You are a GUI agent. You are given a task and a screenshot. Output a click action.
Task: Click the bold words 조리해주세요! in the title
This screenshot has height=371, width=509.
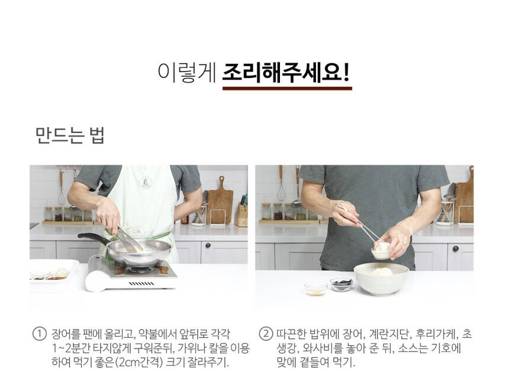point(286,73)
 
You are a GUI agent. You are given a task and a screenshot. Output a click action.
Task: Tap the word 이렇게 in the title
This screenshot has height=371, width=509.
point(187,73)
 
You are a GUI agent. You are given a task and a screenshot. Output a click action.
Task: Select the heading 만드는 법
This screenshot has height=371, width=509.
point(70,135)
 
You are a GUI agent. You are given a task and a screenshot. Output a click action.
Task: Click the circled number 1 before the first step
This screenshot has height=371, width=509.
point(39,334)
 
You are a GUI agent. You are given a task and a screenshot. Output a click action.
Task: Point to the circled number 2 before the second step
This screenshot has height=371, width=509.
point(266,334)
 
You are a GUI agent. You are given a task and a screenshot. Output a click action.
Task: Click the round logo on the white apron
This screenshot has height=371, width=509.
point(145,182)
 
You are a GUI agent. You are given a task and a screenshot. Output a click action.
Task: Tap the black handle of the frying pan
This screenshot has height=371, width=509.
point(93,239)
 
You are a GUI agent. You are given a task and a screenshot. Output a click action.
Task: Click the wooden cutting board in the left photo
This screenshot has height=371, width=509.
point(220,201)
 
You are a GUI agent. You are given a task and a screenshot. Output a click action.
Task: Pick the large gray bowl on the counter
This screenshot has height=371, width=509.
point(381,279)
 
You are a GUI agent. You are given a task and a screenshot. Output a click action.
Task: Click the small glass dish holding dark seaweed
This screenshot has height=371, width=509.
point(341,284)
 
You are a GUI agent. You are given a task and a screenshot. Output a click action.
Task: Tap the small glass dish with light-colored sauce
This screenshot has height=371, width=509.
point(315,289)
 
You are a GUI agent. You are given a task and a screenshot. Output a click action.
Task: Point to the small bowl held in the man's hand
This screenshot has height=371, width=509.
point(382,251)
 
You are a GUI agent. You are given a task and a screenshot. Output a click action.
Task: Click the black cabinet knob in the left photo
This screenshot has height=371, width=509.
point(208,245)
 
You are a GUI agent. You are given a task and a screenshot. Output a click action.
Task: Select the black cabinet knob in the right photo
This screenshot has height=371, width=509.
point(456,249)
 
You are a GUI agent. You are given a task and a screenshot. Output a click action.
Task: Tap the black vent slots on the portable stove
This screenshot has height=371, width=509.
point(141,284)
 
